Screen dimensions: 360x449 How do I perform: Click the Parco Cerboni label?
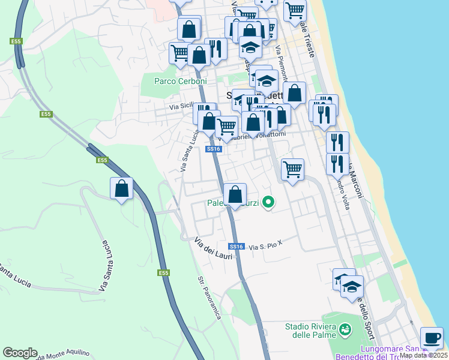180,81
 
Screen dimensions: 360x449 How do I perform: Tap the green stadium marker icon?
345,329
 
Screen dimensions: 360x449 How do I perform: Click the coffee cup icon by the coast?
432,338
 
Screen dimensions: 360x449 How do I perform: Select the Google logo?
20,353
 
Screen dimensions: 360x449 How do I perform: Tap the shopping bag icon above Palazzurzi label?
235,194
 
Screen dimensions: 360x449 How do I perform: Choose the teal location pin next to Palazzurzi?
269,203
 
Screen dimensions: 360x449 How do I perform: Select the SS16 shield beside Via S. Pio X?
236,247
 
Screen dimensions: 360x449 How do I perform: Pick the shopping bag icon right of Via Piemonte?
294,94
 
